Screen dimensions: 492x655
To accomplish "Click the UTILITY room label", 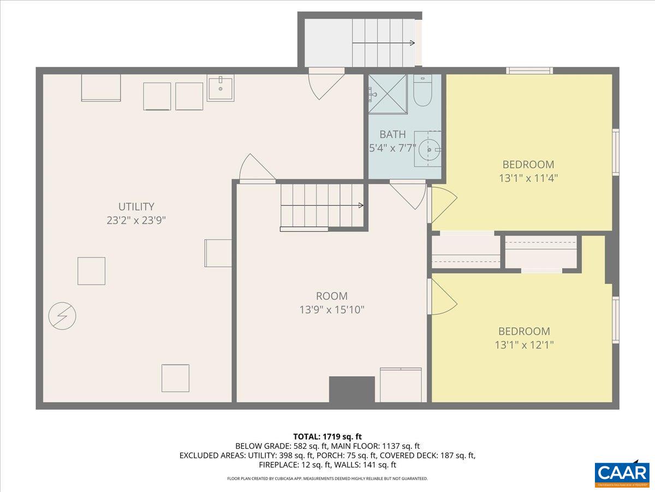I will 136,207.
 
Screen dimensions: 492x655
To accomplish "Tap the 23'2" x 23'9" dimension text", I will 136,220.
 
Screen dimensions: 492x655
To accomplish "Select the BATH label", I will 392,134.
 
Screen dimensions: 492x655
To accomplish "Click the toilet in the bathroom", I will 422,91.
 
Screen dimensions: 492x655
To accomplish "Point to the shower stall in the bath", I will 388,94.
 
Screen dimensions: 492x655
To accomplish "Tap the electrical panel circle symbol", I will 62,315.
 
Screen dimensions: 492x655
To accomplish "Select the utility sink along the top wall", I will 221,89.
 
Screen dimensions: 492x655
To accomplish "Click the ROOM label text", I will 331,296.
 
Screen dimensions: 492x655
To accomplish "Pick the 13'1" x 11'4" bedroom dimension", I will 528,178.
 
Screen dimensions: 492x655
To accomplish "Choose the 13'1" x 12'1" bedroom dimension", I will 523,345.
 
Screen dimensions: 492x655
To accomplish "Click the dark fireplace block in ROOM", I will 352,389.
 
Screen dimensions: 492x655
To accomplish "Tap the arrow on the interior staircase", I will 360,206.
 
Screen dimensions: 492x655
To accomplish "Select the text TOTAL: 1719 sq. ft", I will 327,436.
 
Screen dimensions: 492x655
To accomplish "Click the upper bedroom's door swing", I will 441,205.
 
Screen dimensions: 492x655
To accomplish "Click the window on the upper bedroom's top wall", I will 529,70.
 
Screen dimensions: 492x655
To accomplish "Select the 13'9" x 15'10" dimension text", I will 331,310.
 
